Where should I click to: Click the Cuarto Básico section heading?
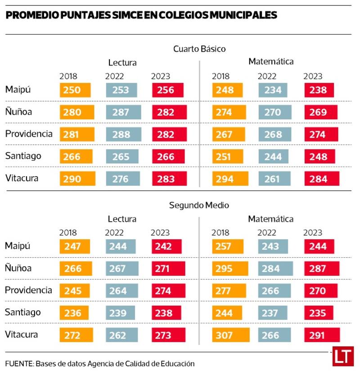199,49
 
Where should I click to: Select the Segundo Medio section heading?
199,205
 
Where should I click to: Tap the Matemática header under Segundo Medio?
271,219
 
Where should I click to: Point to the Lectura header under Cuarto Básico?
122,63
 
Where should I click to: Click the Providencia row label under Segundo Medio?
28,290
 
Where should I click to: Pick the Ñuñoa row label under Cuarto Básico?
18,112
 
